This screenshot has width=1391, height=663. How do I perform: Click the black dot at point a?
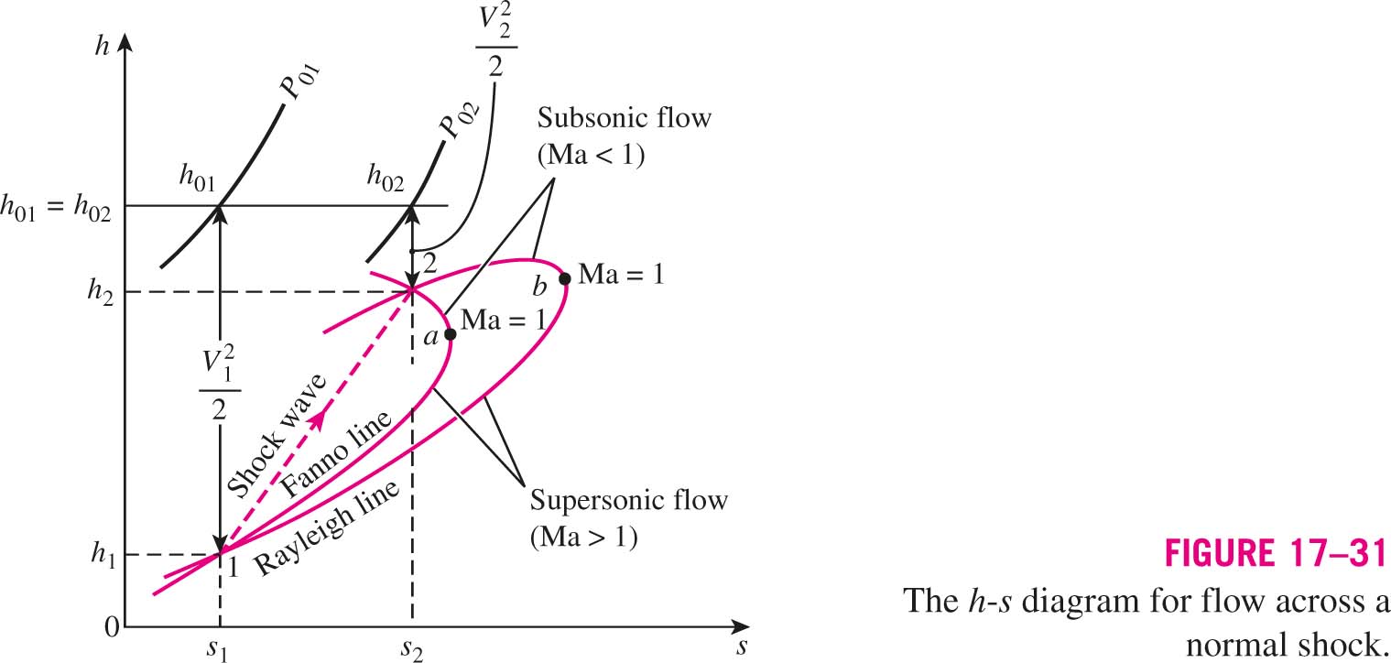(451, 334)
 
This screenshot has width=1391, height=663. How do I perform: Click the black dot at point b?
(564, 278)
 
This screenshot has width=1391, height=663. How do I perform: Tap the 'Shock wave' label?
(277, 436)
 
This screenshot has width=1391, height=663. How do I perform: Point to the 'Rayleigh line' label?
(327, 527)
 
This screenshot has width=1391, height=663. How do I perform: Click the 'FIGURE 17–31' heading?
(1276, 553)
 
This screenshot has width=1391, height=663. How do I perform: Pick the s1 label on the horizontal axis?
(217, 648)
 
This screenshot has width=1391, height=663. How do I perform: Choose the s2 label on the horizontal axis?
(411, 648)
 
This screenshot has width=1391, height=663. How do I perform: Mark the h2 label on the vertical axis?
(100, 290)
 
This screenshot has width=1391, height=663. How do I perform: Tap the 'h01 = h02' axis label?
(56, 208)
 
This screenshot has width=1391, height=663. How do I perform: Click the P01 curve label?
(300, 82)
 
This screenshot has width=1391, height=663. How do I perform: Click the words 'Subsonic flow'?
(625, 118)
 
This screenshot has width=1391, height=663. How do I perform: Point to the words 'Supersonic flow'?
(628, 500)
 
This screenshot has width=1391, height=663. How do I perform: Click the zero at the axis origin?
(112, 627)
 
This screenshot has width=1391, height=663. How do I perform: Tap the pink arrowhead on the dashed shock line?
(318, 420)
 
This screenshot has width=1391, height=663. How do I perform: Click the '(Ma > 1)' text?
(583, 537)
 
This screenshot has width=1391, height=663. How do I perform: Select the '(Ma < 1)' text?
(592, 155)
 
